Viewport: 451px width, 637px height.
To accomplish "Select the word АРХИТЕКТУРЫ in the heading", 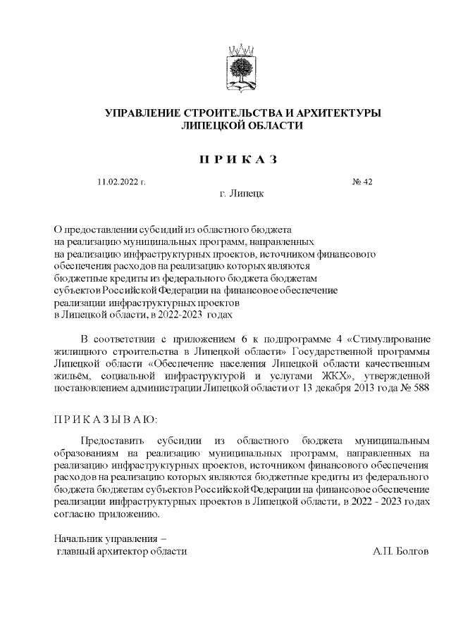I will click(334, 113).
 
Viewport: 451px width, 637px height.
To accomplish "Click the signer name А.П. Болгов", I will click(400, 551).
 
